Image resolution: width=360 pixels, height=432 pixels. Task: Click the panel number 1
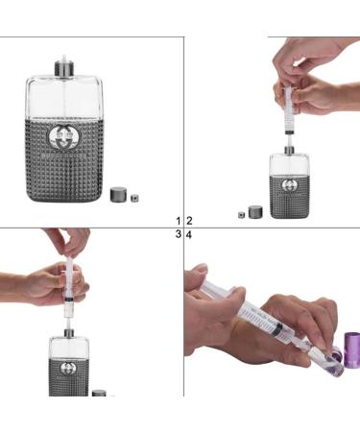(178, 221)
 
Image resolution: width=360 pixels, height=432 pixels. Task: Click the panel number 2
(189, 221)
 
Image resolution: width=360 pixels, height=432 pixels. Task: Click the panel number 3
(178, 234)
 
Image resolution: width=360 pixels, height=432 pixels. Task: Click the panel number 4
(189, 234)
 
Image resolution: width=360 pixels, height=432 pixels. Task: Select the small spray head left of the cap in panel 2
(241, 214)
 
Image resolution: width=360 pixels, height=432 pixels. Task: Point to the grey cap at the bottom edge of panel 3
(99, 393)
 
